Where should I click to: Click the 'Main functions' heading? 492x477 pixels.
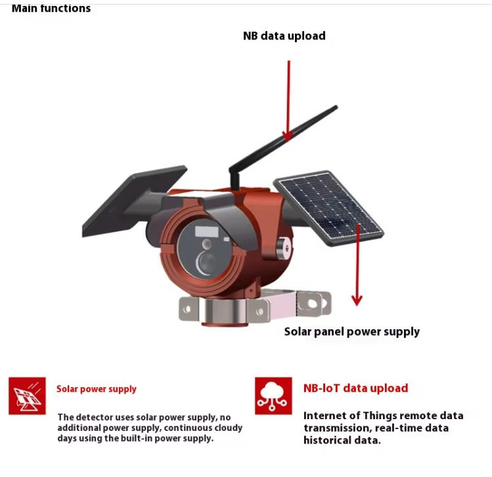pos(51,8)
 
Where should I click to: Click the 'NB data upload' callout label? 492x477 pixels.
pos(284,35)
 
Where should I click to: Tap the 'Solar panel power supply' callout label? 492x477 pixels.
pos(351,332)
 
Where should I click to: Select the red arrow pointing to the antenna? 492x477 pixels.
pos(288,101)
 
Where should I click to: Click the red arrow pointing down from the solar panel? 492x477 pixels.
pos(357,265)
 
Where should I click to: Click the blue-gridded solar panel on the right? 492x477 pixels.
pos(328,207)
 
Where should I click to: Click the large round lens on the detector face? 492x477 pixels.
pos(206,263)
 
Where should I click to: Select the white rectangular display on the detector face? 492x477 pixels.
pos(207,232)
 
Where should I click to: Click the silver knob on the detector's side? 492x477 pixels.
pos(284,248)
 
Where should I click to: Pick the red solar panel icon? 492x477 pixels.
pos(28,396)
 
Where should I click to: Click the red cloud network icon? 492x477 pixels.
pos(273,396)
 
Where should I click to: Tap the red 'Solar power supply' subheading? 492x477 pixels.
pos(97,389)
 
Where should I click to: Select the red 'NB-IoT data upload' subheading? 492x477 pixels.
pos(356,388)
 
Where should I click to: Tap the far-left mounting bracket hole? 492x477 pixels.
pos(187,309)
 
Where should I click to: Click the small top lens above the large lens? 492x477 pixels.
pos(206,244)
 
